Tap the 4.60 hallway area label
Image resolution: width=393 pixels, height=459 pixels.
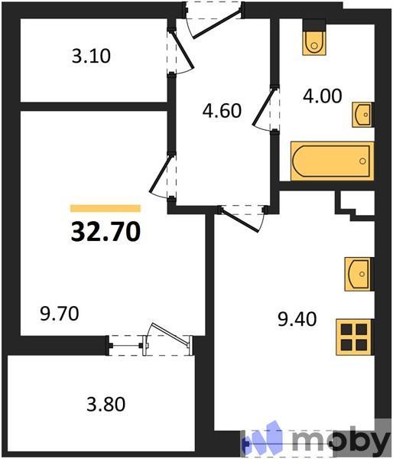point(222,110)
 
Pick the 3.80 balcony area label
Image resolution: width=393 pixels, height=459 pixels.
point(106,402)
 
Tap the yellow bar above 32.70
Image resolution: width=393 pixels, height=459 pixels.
point(106,208)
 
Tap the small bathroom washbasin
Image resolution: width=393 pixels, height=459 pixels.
point(362,116)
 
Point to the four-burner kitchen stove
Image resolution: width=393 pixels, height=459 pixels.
point(354,335)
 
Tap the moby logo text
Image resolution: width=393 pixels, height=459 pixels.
point(340,440)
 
